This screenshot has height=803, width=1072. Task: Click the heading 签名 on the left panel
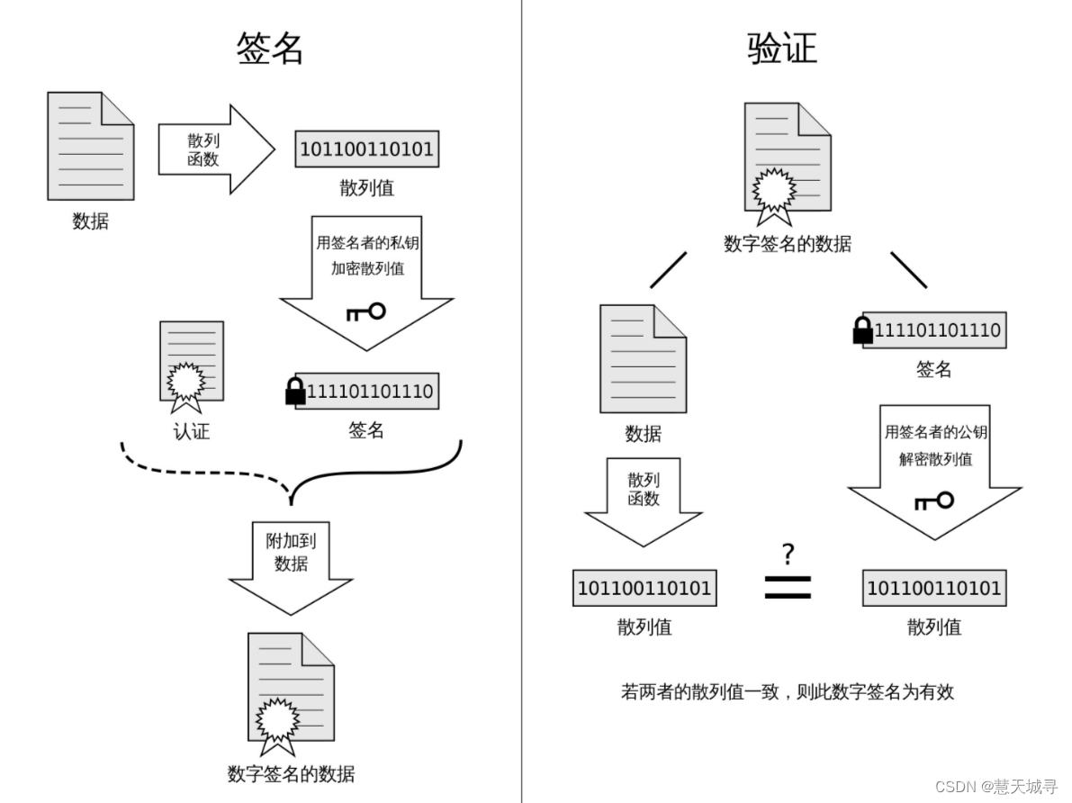[x=270, y=49]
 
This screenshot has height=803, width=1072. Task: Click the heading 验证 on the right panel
[x=781, y=49]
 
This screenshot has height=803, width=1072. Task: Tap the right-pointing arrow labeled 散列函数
[x=214, y=149]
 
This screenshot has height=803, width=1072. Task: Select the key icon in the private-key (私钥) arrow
[x=365, y=311]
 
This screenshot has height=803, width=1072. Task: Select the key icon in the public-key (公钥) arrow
[x=933, y=500]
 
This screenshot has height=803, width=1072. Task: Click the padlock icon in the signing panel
[x=294, y=392]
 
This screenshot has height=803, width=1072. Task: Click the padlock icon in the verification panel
[x=862, y=330]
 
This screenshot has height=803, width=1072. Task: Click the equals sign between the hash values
[x=788, y=588]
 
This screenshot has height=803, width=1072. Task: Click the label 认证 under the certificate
[x=192, y=431]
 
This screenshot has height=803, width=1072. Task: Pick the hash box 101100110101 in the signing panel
[x=366, y=149]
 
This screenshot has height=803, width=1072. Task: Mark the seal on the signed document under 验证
[x=775, y=190]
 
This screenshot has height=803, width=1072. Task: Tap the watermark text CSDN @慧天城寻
[x=995, y=787]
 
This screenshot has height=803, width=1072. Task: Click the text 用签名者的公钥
[x=935, y=432]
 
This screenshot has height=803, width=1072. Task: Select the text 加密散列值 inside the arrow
[x=367, y=268]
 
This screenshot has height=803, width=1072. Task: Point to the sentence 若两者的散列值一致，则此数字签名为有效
[x=787, y=691]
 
